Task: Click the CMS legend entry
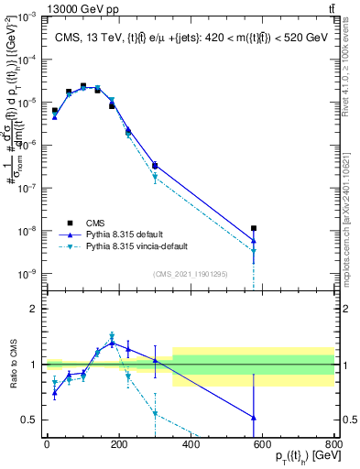click(96, 221)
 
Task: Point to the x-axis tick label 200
click(118, 446)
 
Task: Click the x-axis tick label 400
click(191, 446)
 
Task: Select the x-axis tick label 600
click(263, 446)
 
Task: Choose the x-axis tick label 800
click(333, 446)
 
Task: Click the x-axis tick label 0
click(47, 446)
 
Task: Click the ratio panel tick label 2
click(35, 309)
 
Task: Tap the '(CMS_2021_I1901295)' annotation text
click(191, 274)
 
